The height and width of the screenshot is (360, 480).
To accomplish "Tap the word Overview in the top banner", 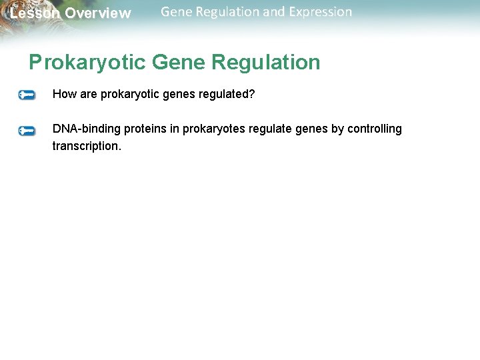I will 98,13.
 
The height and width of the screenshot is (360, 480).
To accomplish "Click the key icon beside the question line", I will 27,95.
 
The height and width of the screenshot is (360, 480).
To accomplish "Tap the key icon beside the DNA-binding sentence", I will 27,131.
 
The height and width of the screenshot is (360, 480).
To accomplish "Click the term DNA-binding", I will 87,129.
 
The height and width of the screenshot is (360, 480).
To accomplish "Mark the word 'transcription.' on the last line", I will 87,146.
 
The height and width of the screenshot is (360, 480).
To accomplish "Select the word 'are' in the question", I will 88,95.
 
